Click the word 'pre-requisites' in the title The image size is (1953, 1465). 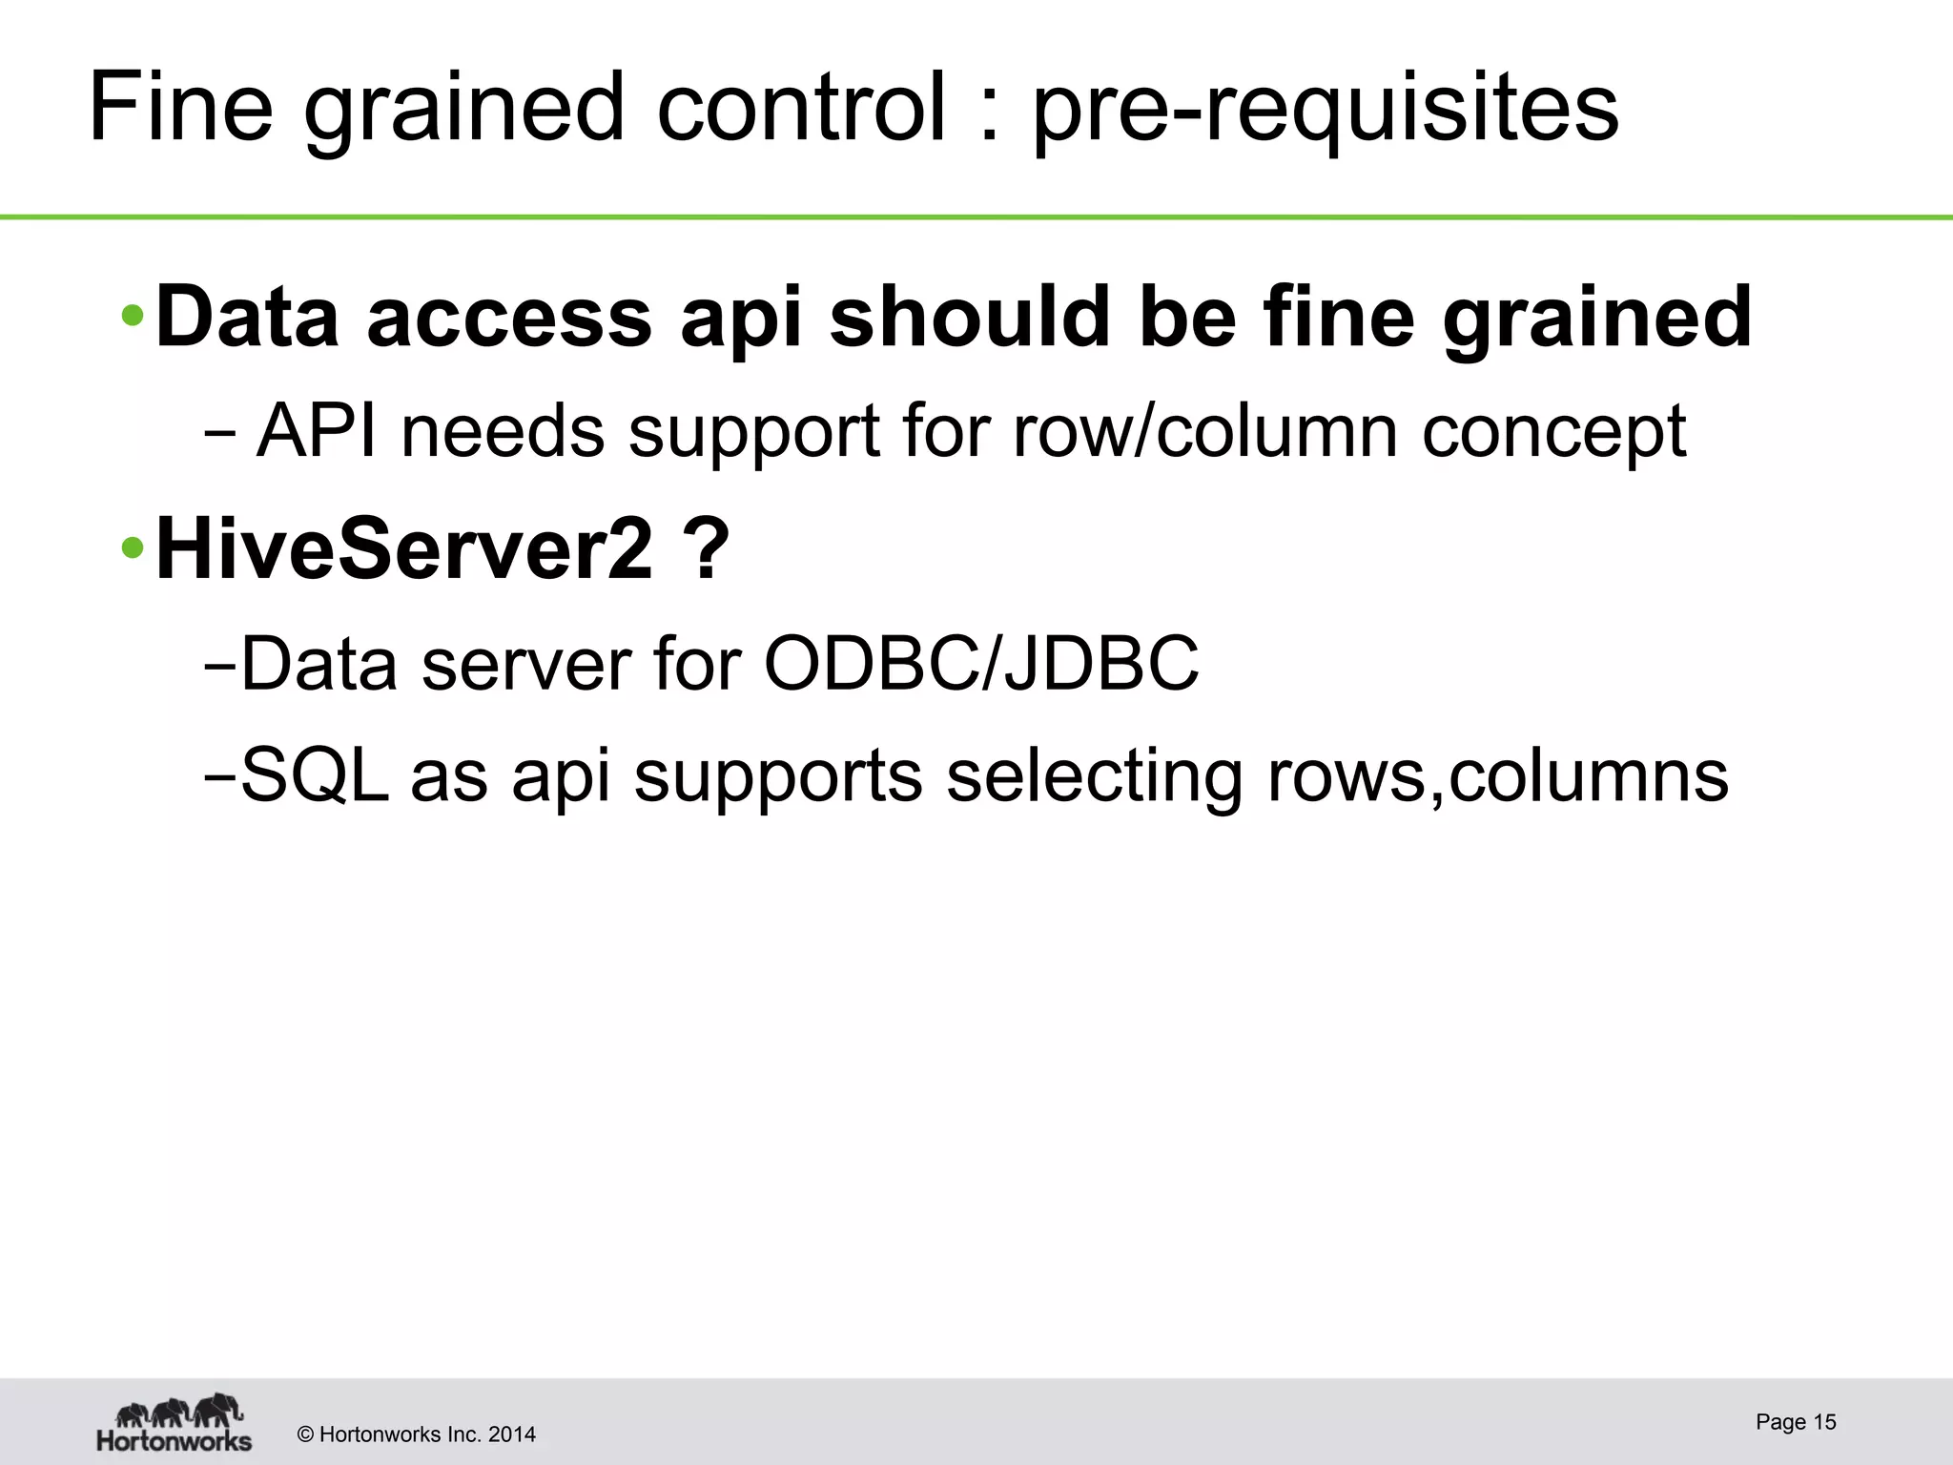[1326, 110]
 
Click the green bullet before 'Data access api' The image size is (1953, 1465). [134, 316]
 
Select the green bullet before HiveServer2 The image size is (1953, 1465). [134, 548]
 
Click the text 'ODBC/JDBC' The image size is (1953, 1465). [981, 663]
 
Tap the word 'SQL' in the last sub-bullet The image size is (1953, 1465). [315, 775]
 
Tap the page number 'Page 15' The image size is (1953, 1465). [1796, 1422]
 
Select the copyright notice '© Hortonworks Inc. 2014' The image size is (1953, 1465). [417, 1434]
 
